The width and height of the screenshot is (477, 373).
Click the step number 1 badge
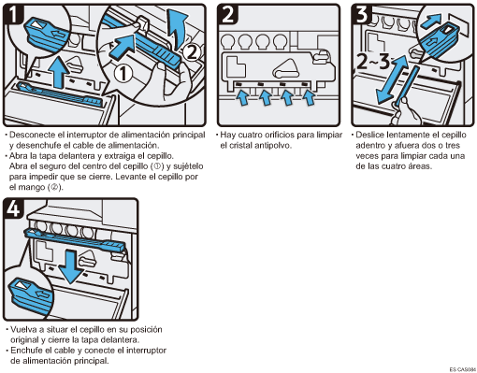click(x=13, y=14)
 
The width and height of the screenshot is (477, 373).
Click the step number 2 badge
click(x=228, y=14)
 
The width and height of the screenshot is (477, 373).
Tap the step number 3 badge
click(x=362, y=14)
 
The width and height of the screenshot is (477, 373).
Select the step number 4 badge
click(x=13, y=208)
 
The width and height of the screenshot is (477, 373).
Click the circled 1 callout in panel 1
click(x=123, y=74)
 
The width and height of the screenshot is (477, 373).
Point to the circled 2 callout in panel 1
click(x=191, y=52)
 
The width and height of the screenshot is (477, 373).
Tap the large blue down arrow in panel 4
click(x=71, y=267)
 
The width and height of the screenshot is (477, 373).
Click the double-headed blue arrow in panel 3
click(x=392, y=79)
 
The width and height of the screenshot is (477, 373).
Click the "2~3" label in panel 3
click(x=373, y=62)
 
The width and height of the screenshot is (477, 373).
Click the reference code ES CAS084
click(x=463, y=369)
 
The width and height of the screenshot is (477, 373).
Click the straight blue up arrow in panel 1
click(x=60, y=72)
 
